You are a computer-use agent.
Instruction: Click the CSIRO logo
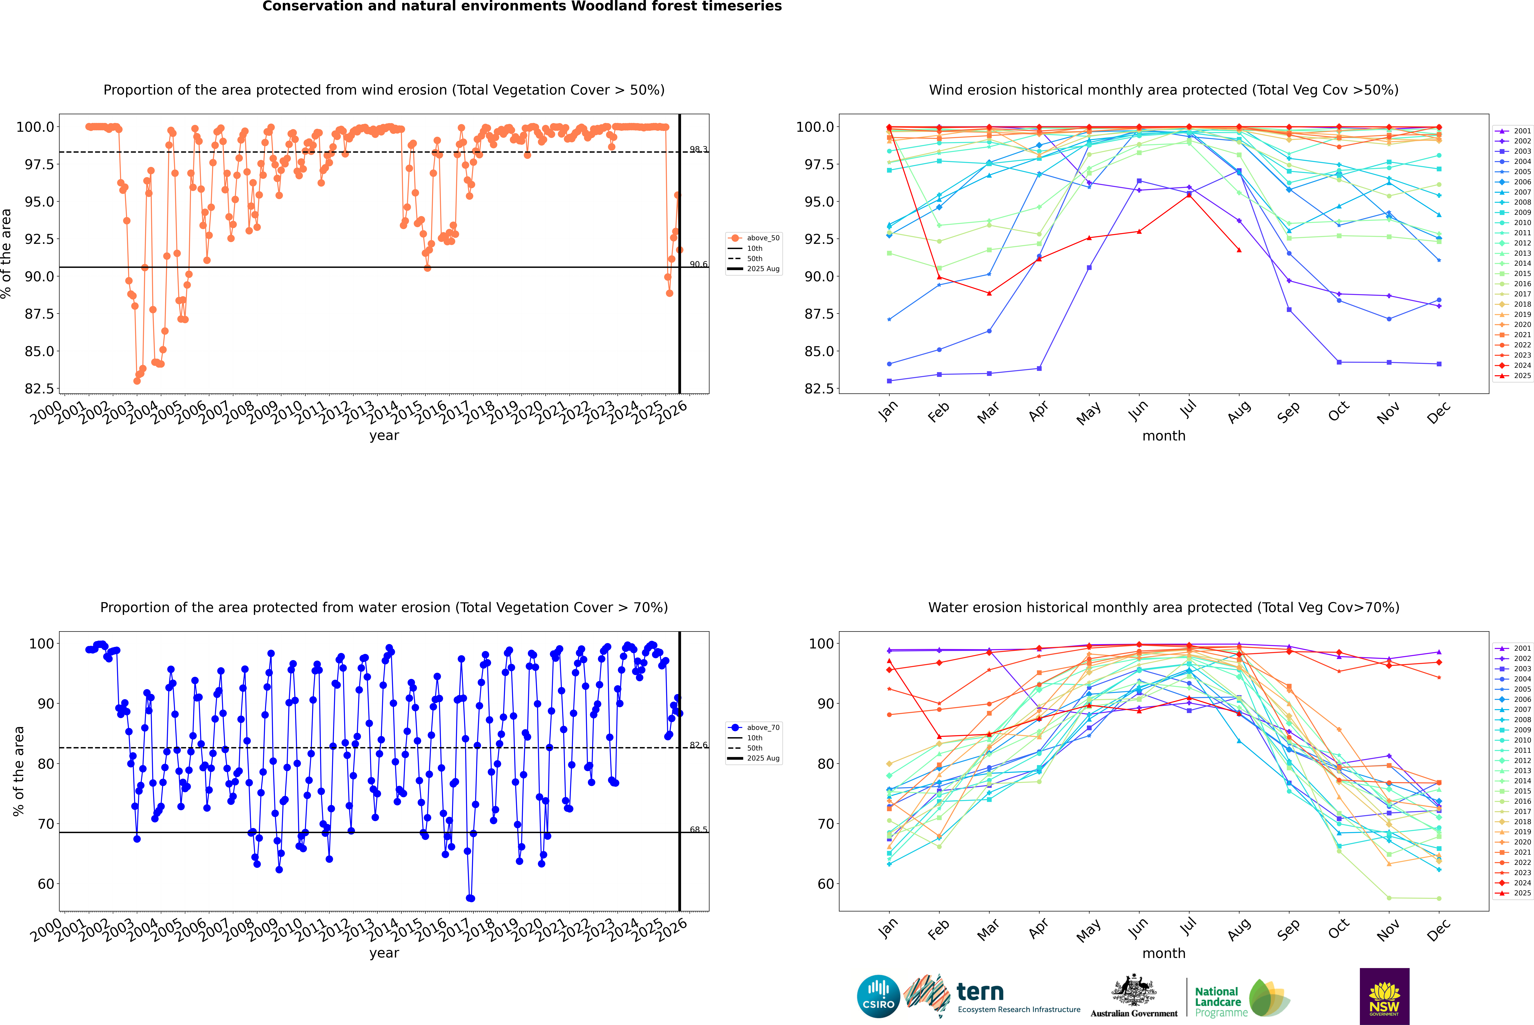point(878,996)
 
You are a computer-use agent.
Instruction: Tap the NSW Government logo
point(1384,996)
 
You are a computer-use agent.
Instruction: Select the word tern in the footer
point(980,992)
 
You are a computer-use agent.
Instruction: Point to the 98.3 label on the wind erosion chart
point(698,150)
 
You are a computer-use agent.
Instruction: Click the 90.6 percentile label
point(698,265)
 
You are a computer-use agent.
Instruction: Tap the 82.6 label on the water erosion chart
point(698,745)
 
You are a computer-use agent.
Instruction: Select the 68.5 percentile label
point(698,830)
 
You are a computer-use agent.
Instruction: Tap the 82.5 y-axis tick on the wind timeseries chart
point(39,388)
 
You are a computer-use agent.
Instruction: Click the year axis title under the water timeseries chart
point(384,953)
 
